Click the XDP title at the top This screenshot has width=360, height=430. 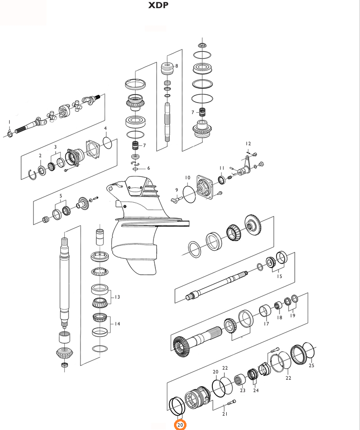158,6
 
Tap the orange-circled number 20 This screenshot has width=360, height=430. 180,425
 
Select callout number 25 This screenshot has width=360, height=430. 311,365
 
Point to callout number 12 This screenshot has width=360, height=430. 248,143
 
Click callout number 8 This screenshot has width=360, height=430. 176,66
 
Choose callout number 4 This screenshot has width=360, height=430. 105,128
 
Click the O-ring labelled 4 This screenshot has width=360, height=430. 108,142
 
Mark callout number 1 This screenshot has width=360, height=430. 9,122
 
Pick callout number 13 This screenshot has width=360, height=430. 117,297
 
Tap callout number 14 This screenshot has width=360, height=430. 117,324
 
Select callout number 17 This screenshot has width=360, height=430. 266,324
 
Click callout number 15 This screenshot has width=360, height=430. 279,276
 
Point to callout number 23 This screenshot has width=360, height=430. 243,390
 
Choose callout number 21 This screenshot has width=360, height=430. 225,414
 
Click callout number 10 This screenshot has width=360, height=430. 187,177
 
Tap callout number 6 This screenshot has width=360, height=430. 149,168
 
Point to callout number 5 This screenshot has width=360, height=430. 61,196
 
